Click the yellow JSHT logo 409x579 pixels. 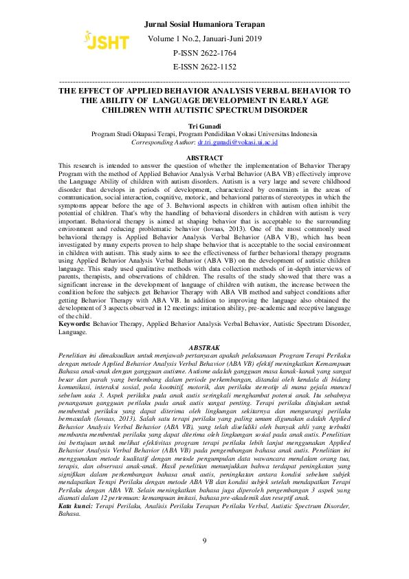tap(106, 41)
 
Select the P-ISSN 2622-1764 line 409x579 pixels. tap(205, 52)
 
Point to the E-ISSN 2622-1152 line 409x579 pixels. tap(205, 67)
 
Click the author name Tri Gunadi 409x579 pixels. tap(204, 127)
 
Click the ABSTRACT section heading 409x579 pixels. tap(205, 158)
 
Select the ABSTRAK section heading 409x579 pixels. tap(204, 348)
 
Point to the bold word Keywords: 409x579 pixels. tap(74, 323)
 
